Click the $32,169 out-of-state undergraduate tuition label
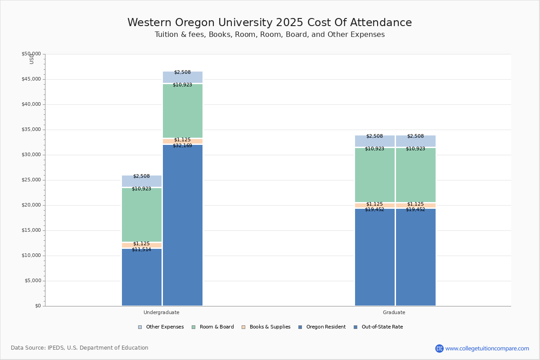(182, 146)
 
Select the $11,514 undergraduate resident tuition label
(141, 250)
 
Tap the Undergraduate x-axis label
(161, 312)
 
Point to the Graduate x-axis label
(394, 312)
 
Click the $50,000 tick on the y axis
(31, 54)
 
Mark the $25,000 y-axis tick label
(31, 180)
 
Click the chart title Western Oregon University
(270, 23)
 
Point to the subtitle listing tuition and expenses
(270, 35)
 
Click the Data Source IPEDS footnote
(80, 348)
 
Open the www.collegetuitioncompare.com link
(487, 348)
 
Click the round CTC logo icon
(439, 348)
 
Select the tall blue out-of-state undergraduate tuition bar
(183, 225)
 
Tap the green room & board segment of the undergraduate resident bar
(142, 215)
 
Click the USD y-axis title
(31, 59)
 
